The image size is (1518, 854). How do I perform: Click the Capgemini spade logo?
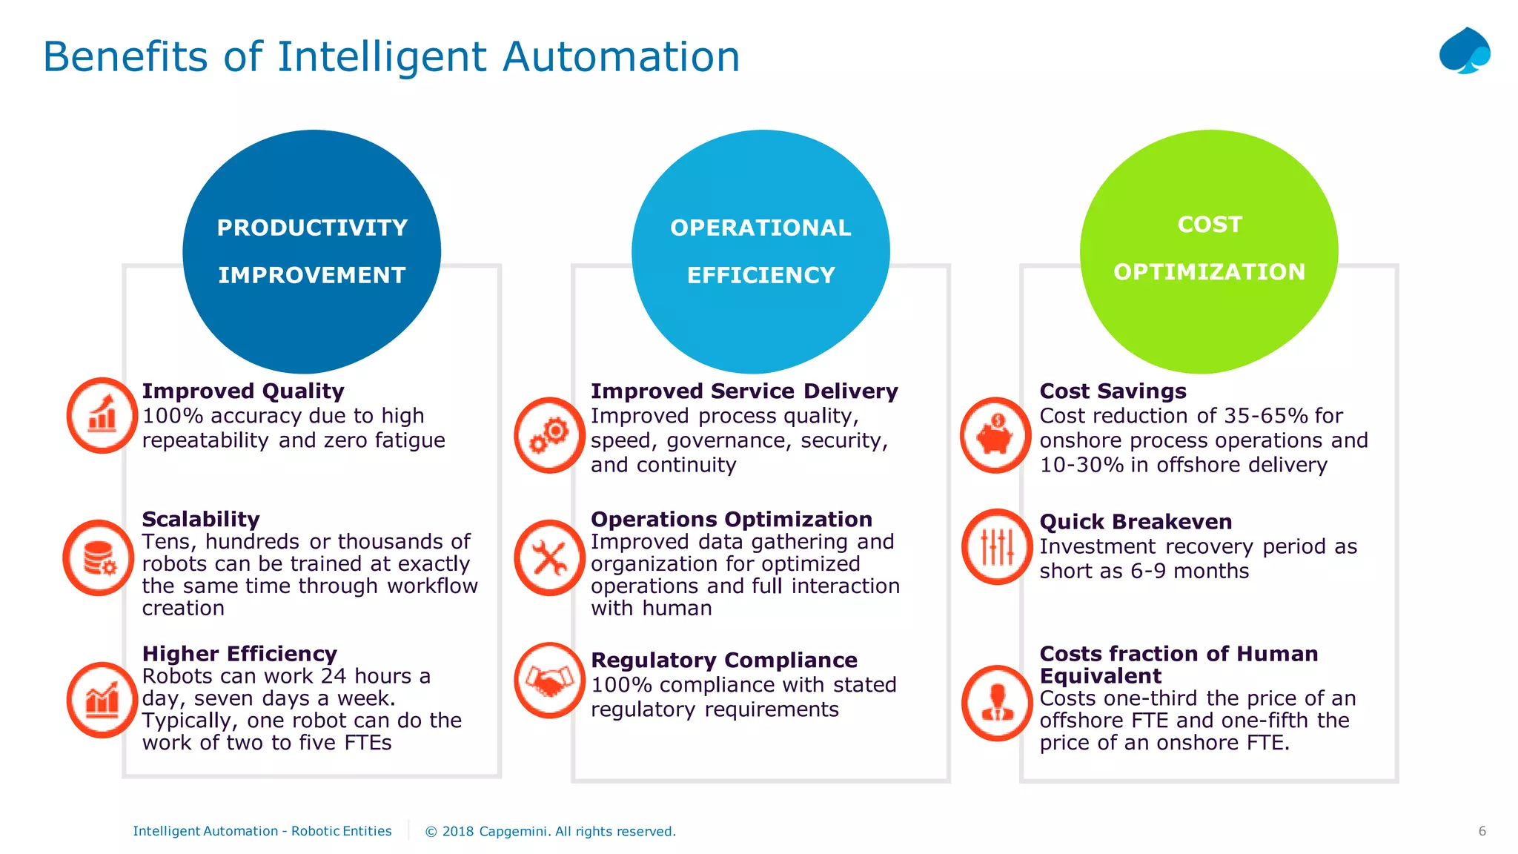click(1464, 51)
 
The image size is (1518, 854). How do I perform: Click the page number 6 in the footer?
click(1482, 831)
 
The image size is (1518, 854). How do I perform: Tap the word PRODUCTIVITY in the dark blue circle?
click(312, 228)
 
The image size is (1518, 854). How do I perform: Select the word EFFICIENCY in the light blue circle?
click(760, 275)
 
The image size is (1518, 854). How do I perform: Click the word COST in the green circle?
click(1209, 224)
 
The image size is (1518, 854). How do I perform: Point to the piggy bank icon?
click(995, 435)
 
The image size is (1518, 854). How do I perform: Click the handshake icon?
click(549, 680)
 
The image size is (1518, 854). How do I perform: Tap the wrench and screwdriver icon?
click(549, 557)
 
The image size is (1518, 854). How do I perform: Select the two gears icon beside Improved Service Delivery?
click(549, 435)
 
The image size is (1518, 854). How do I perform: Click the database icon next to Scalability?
click(99, 557)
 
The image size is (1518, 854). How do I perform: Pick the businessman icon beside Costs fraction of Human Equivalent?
click(997, 703)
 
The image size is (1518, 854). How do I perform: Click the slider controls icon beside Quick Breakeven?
click(997, 547)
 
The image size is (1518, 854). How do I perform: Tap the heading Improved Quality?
click(243, 391)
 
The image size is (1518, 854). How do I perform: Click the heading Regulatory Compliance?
click(723, 660)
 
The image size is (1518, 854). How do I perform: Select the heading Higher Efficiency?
click(239, 654)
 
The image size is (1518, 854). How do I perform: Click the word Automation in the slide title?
click(620, 56)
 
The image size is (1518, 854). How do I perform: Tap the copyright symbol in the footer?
click(431, 832)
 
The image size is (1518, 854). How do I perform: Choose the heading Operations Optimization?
click(731, 519)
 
